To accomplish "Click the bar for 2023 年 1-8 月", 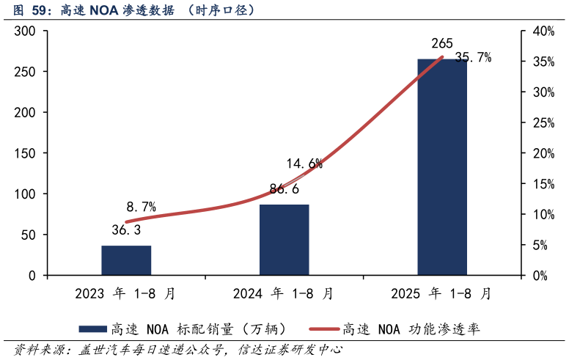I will click(126, 260).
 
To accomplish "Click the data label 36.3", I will click(126, 230).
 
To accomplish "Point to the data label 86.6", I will click(284, 189).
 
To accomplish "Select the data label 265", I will click(442, 43).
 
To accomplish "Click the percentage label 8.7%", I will click(141, 207).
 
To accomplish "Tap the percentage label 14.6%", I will click(304, 164).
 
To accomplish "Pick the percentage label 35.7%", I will click(472, 57).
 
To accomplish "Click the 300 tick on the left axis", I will click(26, 32).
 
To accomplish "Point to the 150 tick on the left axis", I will click(26, 154).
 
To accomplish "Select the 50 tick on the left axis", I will click(29, 235).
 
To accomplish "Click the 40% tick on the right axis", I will click(543, 32).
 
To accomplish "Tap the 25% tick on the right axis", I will click(543, 123).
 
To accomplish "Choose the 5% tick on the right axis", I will click(540, 246).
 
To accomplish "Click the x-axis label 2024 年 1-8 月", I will click(284, 294).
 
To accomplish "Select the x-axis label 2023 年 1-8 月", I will click(126, 294).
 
